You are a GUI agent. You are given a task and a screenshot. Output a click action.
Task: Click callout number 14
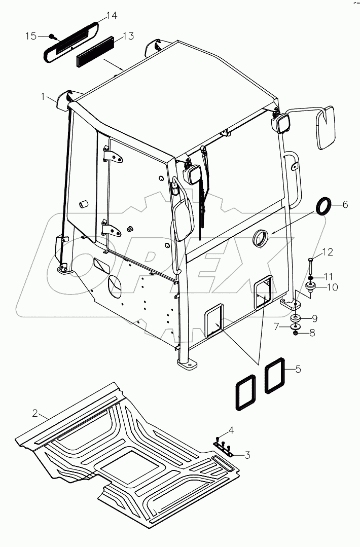112,16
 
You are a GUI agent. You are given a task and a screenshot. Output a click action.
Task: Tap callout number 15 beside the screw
31,36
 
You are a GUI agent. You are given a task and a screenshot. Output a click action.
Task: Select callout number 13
128,36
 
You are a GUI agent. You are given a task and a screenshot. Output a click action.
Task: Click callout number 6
345,204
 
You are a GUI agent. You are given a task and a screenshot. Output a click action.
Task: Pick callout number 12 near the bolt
328,251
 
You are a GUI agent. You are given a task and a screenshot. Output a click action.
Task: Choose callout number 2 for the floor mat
35,413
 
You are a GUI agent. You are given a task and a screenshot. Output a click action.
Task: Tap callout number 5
299,369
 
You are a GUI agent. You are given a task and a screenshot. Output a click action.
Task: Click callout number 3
247,455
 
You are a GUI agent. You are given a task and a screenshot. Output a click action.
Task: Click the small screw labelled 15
52,37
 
